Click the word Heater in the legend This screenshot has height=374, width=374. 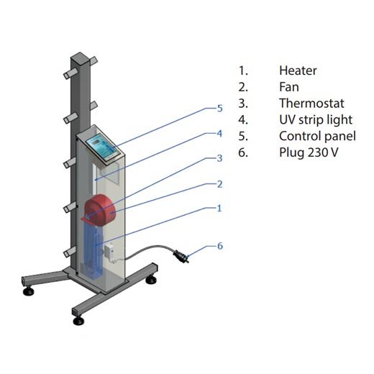pyautogui.click(x=298, y=70)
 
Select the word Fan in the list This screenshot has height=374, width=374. pyautogui.click(x=289, y=87)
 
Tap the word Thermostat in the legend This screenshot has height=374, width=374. pyautogui.click(x=311, y=104)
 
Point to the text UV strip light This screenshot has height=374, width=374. pyautogui.click(x=316, y=120)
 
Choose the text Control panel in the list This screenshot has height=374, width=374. pyautogui.click(x=317, y=136)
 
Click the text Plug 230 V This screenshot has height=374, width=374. pyautogui.click(x=309, y=152)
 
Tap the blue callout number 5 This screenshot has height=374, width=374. pyautogui.click(x=220, y=109)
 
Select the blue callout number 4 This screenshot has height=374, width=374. pyautogui.click(x=219, y=134)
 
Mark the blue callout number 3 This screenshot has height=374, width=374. pyautogui.click(x=219, y=158)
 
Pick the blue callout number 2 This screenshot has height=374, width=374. pyautogui.click(x=219, y=184)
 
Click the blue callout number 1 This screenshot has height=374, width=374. pyautogui.click(x=219, y=209)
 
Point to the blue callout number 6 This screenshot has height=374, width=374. pyautogui.click(x=220, y=246)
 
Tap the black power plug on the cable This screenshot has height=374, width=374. pyautogui.click(x=181, y=256)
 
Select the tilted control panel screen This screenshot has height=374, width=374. pyautogui.click(x=103, y=147)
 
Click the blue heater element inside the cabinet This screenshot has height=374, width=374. pyautogui.click(x=93, y=250)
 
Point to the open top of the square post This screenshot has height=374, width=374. pyautogui.click(x=80, y=57)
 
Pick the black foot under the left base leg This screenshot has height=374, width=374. pyautogui.click(x=29, y=291)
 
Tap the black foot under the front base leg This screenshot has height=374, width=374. pyautogui.click(x=78, y=321)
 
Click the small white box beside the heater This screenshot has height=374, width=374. pyautogui.click(x=109, y=252)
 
